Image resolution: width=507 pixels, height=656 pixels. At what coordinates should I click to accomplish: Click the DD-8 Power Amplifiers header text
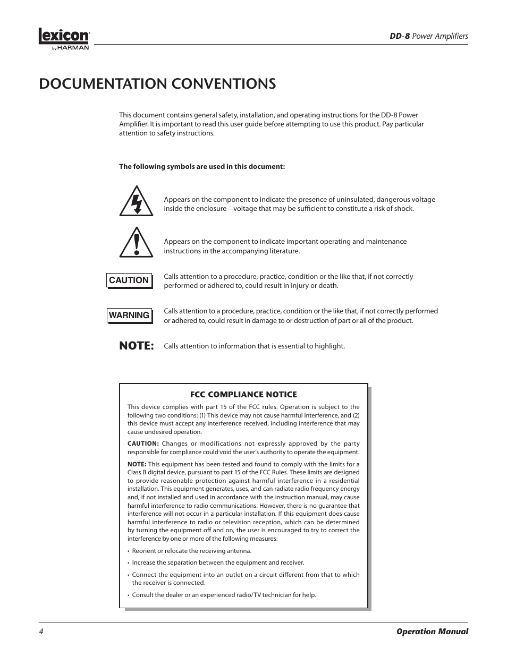[x=428, y=36]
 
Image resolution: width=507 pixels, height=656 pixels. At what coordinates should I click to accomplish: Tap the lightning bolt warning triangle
[x=136, y=202]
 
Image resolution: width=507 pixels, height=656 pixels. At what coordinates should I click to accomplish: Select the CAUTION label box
[x=129, y=280]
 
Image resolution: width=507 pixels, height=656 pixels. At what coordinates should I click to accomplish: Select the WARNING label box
[x=129, y=316]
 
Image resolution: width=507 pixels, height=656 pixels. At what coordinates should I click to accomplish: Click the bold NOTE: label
[x=136, y=346]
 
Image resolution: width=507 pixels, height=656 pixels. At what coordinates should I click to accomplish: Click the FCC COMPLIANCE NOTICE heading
[x=243, y=395]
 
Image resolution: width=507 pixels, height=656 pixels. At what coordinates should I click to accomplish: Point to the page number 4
[x=41, y=632]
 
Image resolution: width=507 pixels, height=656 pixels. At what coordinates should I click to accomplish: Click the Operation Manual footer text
[x=432, y=632]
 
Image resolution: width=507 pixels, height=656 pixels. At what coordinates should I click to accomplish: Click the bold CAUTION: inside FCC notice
[x=143, y=444]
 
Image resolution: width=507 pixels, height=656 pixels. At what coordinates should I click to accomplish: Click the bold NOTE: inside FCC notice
[x=137, y=464]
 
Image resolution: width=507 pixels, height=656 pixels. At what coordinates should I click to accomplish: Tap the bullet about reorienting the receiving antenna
[x=191, y=551]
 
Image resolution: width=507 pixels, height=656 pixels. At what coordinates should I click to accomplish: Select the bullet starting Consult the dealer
[x=223, y=595]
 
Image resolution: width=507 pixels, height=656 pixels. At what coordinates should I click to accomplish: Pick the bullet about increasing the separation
[x=218, y=563]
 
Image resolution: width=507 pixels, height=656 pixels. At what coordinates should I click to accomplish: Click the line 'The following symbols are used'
[x=202, y=167]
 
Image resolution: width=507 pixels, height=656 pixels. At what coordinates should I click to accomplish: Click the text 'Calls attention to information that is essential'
[x=254, y=346]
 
